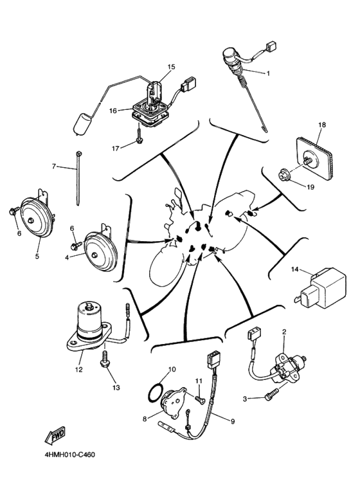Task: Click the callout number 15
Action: [172, 67]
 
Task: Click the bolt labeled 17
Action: [139, 138]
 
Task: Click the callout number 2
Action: [283, 332]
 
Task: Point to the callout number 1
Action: [268, 73]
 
